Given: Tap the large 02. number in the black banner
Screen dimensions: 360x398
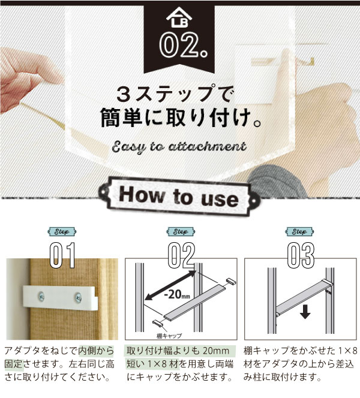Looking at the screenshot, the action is click(x=184, y=45).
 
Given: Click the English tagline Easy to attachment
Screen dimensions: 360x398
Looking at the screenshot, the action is click(x=179, y=147).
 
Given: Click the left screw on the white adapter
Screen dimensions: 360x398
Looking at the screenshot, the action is click(x=41, y=296).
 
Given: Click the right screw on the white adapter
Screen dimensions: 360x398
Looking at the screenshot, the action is click(x=78, y=297).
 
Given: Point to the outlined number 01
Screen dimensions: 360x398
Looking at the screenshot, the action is click(x=62, y=255).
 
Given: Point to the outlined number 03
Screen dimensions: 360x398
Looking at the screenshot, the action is click(x=301, y=255).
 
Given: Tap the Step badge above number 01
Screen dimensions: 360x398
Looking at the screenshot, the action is click(x=62, y=231).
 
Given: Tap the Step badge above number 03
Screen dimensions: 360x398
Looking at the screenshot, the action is click(x=299, y=231).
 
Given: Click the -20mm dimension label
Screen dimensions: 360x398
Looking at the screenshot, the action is click(x=177, y=294).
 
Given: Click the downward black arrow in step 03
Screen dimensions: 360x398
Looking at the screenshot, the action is click(x=305, y=312).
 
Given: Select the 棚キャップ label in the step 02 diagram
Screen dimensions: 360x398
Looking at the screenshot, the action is click(x=169, y=336).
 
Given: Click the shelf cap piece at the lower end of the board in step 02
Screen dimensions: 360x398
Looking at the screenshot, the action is click(x=158, y=323).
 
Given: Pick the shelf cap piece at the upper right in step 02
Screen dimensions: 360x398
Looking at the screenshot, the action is click(x=230, y=281).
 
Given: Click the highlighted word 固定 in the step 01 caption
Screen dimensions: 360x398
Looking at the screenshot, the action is click(x=14, y=364).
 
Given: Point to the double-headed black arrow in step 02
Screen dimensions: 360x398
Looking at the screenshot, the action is click(x=170, y=285).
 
